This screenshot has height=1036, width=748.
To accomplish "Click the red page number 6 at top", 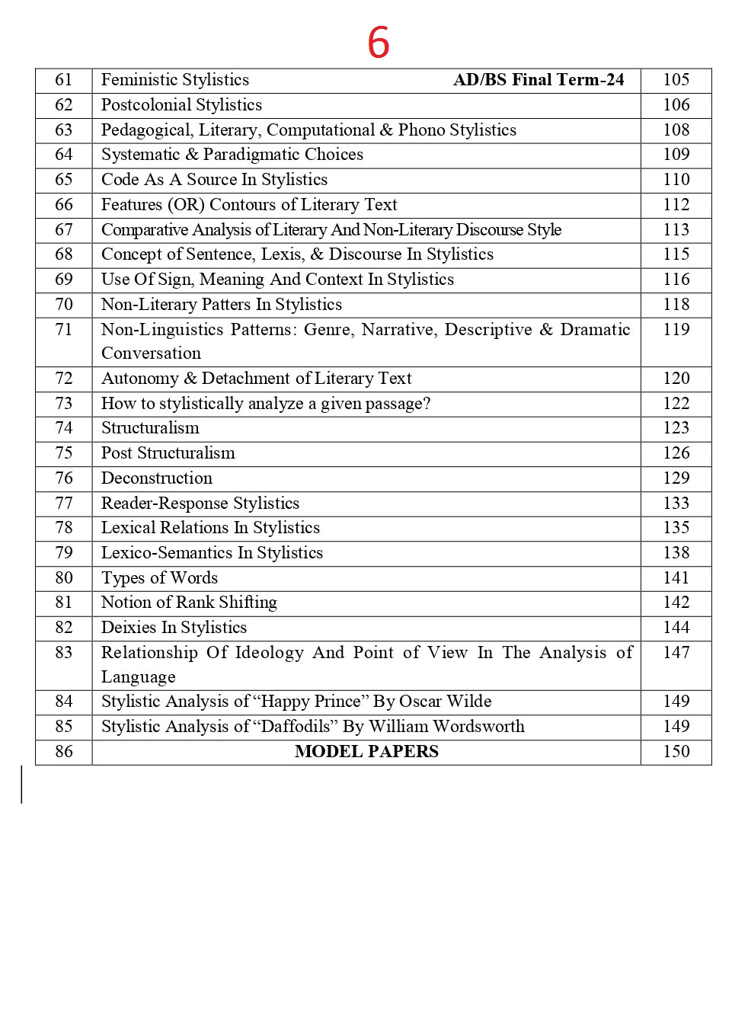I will [378, 43].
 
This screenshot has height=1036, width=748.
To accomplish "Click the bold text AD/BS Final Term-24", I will [539, 80].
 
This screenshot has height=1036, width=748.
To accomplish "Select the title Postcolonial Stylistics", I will [181, 105].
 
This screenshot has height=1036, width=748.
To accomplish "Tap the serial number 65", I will [64, 180].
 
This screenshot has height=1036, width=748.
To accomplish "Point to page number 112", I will [676, 205].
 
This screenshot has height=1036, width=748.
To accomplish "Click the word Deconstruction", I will [157, 478].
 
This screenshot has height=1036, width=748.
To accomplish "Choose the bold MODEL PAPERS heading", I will [366, 752].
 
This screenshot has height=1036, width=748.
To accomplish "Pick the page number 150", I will [676, 752].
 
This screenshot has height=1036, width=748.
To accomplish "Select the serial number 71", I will [64, 330].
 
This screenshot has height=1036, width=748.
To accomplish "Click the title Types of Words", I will [159, 578].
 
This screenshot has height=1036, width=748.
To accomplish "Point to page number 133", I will [676, 504].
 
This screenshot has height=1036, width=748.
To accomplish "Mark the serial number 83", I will [64, 653].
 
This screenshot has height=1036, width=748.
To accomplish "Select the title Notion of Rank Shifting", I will [189, 603].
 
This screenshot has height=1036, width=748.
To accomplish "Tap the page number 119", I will [676, 330].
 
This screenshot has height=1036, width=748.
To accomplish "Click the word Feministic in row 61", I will [137, 80].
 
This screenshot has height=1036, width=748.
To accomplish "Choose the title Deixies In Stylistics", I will [174, 628].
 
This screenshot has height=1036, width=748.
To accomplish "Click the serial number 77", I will [64, 504].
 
